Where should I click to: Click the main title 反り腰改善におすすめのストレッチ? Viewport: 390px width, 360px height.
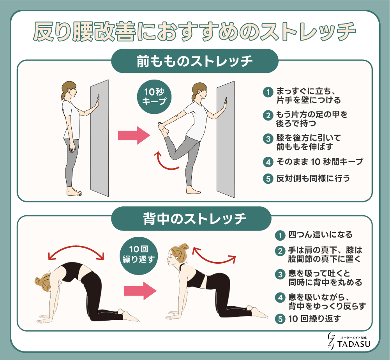tap(194, 32)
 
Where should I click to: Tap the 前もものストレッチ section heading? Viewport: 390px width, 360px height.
tap(194, 61)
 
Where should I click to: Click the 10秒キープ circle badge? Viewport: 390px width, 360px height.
tap(154, 97)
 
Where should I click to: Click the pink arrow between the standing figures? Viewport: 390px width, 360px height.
tap(134, 135)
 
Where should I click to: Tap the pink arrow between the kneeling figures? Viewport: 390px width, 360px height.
tap(140, 291)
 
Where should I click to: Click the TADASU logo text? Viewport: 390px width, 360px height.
tap(354, 344)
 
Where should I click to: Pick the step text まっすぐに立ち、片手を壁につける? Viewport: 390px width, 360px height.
tap(309, 96)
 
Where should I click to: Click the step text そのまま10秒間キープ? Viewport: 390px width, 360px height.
tap(319, 162)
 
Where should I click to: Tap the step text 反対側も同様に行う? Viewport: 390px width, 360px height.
tap(313, 178)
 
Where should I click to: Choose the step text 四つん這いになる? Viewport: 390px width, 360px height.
tap(320, 234)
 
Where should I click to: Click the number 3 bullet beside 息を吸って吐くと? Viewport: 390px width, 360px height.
tap(280, 274)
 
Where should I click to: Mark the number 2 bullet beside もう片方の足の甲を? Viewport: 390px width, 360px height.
tap(268, 115)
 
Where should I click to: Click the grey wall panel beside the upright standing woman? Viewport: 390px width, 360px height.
tap(99, 138)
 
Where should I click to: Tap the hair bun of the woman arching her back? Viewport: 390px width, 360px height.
tap(184, 247)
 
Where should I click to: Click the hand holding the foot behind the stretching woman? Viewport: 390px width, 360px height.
tap(162, 126)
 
